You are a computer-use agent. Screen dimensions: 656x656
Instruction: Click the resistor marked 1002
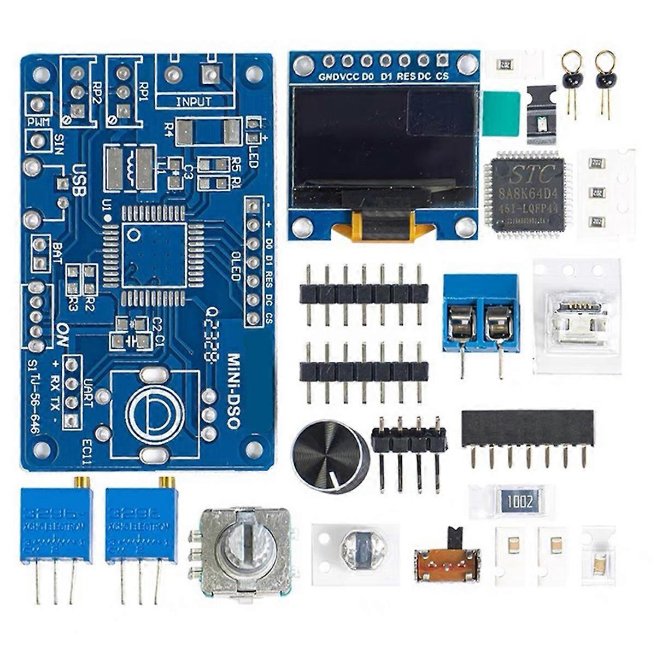click(x=519, y=501)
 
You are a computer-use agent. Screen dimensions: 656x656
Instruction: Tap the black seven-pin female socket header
click(x=527, y=430)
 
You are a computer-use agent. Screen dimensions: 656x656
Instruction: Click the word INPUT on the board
click(x=194, y=102)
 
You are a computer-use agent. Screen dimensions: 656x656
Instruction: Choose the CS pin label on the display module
click(x=442, y=77)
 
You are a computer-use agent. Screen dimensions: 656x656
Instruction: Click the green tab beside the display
click(x=501, y=114)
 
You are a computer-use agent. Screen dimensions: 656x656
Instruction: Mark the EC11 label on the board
click(x=87, y=448)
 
